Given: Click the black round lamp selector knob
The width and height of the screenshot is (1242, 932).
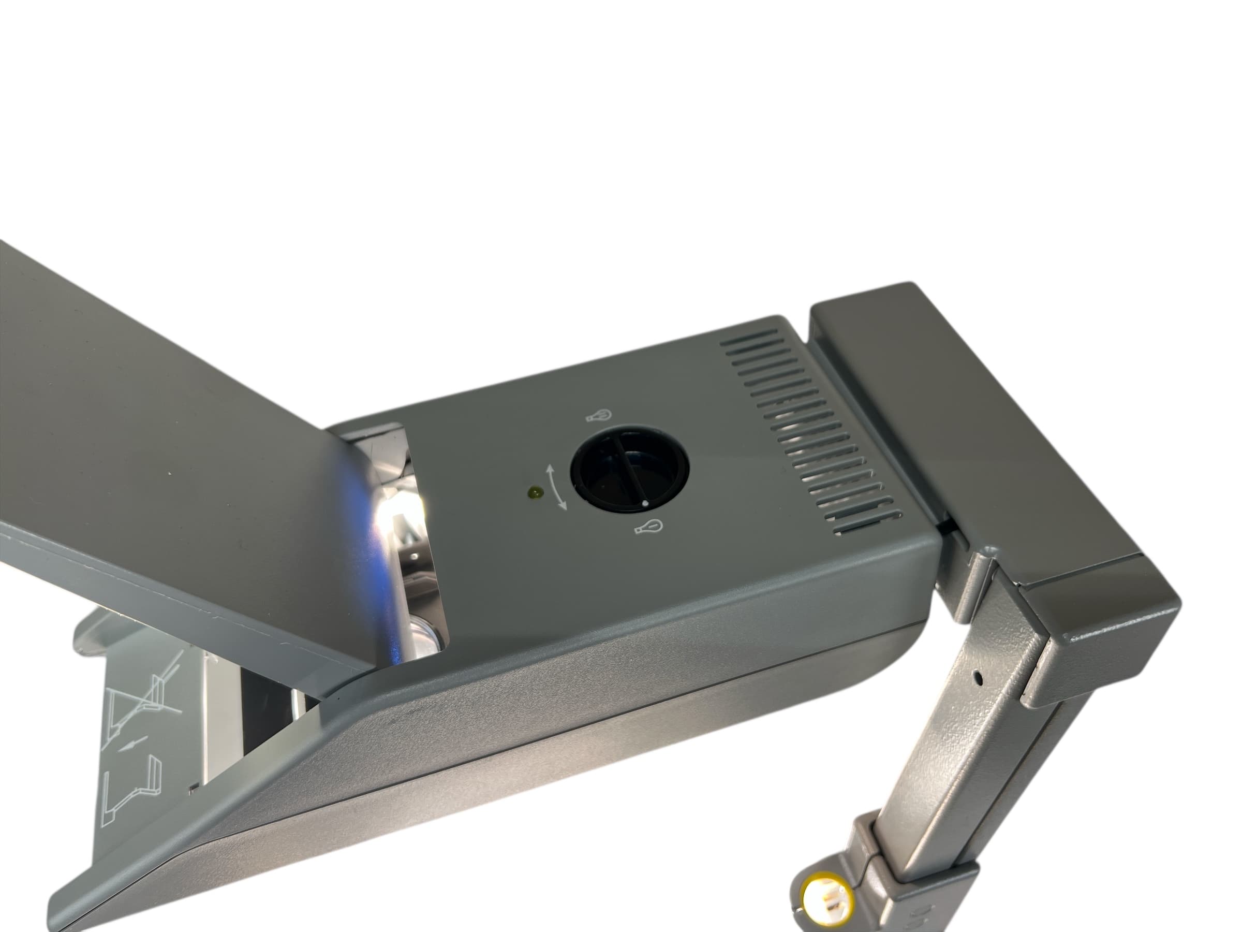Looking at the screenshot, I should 629,471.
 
